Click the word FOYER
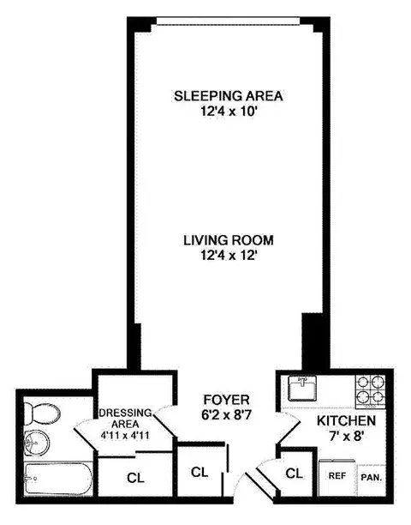226,401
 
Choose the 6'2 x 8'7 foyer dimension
226,416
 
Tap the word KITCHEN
346,422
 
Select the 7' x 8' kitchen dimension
346,437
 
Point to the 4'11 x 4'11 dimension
126,434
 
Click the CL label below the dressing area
134,477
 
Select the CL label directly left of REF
294,473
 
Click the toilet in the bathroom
41,414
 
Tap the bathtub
56,478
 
